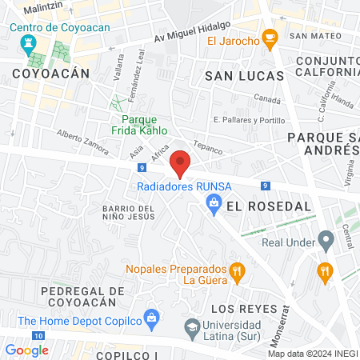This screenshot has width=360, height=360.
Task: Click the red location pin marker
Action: click(181, 162)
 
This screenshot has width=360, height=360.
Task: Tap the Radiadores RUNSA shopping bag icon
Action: click(214, 206)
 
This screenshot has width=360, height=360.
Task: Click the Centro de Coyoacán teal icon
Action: click(29, 42)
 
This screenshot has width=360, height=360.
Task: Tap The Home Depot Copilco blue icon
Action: click(150, 318)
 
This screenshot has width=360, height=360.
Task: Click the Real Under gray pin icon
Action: click(325, 239)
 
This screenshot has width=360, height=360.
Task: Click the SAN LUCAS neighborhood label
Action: click(244, 75)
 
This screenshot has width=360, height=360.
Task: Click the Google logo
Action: click(26, 350)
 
